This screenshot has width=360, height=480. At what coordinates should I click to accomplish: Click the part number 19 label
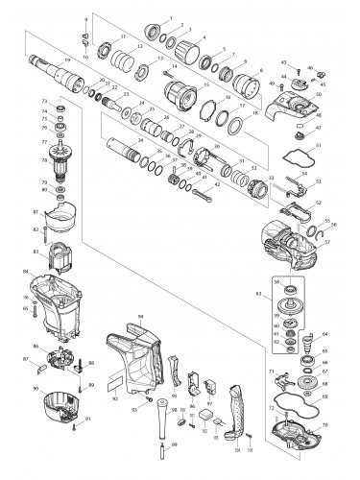(66, 60)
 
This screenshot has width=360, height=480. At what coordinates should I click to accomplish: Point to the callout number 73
(44, 99)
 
